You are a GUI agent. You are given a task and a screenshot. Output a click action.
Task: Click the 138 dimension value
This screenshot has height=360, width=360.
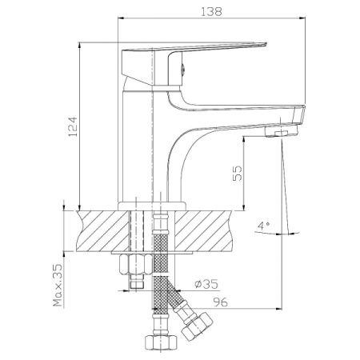point(211,11)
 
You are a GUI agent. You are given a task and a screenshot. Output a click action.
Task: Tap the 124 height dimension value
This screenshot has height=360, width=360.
point(73,126)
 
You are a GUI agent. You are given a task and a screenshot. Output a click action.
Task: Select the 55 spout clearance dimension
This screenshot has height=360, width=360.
point(238,174)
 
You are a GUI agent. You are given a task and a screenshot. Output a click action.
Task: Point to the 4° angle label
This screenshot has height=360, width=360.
point(263,226)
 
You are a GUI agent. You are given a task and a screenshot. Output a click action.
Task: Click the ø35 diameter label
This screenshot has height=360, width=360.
point(206,284)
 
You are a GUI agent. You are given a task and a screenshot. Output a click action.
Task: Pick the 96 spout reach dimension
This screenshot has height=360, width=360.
point(220,302)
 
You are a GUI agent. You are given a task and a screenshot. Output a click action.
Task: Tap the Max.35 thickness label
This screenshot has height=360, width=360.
point(58,286)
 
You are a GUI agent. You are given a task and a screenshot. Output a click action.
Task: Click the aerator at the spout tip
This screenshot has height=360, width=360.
point(282,131)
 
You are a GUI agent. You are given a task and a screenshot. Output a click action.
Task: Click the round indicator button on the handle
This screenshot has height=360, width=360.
point(183,70)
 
